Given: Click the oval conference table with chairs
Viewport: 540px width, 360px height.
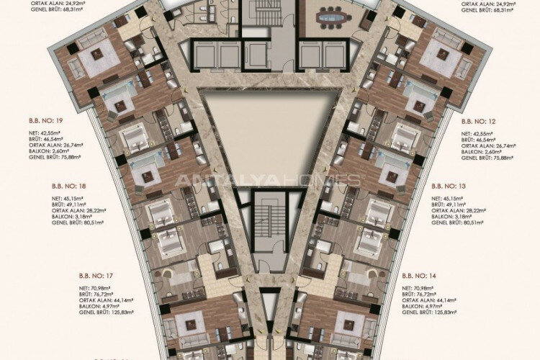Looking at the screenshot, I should click(x=331, y=15).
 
